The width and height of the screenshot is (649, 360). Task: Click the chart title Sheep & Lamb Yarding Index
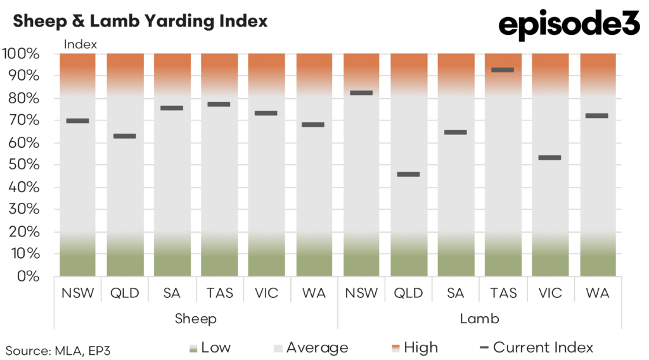pyautogui.click(x=140, y=21)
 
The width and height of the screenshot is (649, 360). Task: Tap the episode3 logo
pyautogui.click(x=570, y=25)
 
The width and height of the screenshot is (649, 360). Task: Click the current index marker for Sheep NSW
pyautogui.click(x=77, y=120)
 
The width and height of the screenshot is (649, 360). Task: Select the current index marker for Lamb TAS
pyautogui.click(x=503, y=70)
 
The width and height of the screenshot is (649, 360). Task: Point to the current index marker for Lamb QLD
pyautogui.click(x=408, y=174)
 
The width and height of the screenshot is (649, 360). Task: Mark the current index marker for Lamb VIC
pyautogui.click(x=549, y=158)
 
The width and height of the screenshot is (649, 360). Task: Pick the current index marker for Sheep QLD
pyautogui.click(x=124, y=136)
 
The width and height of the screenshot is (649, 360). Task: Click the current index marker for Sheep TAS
pyautogui.click(x=219, y=104)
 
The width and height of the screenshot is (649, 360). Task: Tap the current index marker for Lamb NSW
pyautogui.click(x=361, y=93)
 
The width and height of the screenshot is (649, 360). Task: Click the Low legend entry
pyautogui.click(x=211, y=347)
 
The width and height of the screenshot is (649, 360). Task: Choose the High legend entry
pyautogui.click(x=414, y=347)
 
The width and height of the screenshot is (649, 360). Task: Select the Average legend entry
pyautogui.click(x=311, y=347)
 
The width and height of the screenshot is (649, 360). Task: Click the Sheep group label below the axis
pyautogui.click(x=195, y=319)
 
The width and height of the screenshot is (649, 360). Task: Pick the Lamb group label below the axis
pyautogui.click(x=479, y=319)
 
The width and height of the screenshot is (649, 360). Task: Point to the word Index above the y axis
pyautogui.click(x=80, y=44)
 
